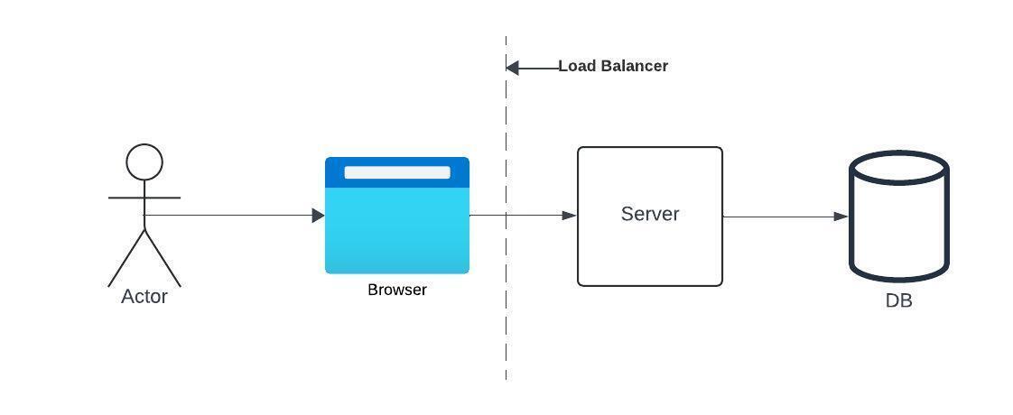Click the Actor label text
[144, 297]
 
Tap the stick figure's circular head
[144, 162]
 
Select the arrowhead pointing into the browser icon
[318, 216]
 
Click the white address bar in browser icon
[397, 172]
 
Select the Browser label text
[397, 290]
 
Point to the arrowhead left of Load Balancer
[512, 68]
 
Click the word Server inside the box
[650, 214]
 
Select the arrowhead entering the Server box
[570, 216]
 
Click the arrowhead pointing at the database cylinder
[841, 217]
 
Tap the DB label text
[898, 301]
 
